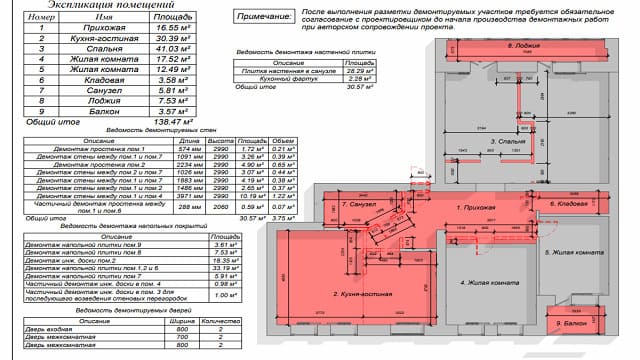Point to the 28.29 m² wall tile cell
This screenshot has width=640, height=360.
(355, 72)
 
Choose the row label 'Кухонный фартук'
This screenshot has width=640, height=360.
(285, 79)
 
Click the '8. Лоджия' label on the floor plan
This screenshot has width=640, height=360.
(524, 47)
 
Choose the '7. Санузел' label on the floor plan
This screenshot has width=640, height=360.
(357, 203)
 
